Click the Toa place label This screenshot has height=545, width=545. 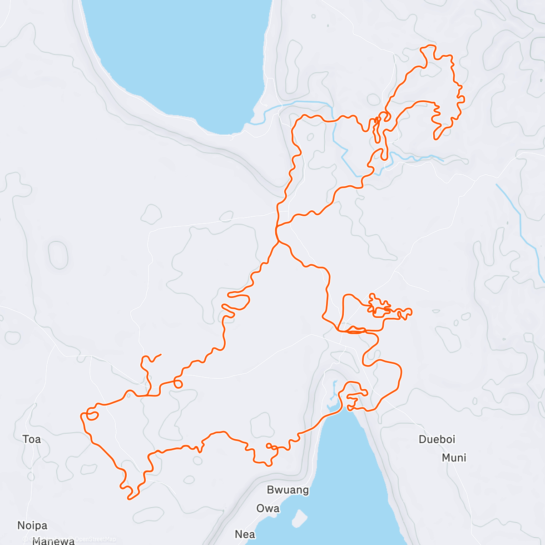coord(32,439)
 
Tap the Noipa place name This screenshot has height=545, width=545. coord(32,525)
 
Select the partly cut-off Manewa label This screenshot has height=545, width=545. coord(54,540)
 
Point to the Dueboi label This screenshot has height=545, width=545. coord(437,439)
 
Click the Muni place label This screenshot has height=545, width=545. coord(454,458)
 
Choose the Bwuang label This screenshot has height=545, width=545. coord(288,490)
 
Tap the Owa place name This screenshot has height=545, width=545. coord(268,508)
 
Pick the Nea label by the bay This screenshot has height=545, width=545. coord(245,534)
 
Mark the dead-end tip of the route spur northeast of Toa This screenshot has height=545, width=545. coord(161,354)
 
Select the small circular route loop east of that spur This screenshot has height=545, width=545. coord(178,384)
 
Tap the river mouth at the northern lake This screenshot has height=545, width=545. coord(253,122)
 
